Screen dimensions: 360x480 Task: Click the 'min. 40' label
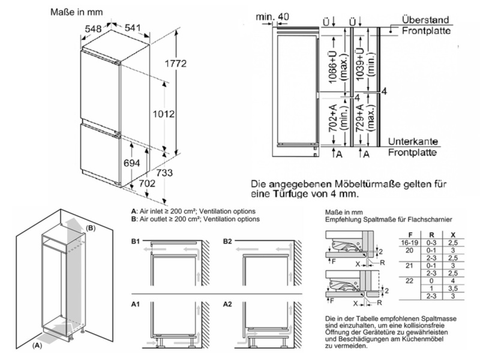coord(274,16)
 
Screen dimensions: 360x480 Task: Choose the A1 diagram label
coord(136,304)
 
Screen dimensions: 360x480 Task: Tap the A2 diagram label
coord(227,304)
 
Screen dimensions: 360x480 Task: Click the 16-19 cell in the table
coord(409,241)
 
